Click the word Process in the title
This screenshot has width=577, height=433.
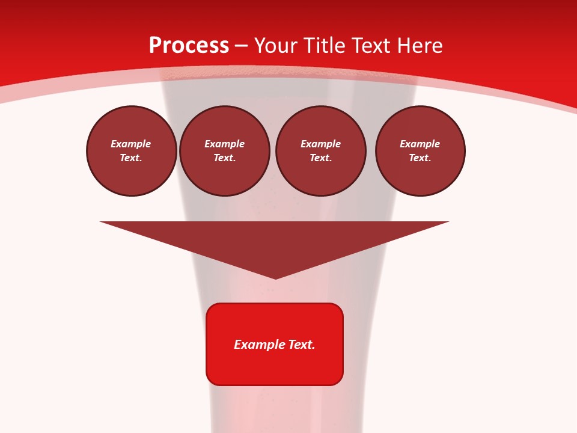pyautogui.click(x=189, y=46)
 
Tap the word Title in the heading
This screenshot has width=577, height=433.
pyautogui.click(x=325, y=46)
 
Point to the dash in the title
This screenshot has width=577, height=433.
pyautogui.click(x=241, y=46)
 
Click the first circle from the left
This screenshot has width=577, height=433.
pyautogui.click(x=132, y=151)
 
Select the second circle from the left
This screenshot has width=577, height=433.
pyautogui.click(x=225, y=151)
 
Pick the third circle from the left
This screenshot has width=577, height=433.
pyautogui.click(x=321, y=151)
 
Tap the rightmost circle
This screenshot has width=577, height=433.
pyautogui.click(x=420, y=151)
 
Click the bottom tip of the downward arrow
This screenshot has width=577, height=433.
pyautogui.click(x=275, y=278)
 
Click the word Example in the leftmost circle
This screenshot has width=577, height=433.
pyautogui.click(x=131, y=144)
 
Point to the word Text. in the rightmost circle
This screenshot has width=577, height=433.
pyautogui.click(x=420, y=158)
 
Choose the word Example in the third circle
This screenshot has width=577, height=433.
pyautogui.click(x=321, y=144)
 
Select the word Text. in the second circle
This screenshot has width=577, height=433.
pyautogui.click(x=225, y=158)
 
